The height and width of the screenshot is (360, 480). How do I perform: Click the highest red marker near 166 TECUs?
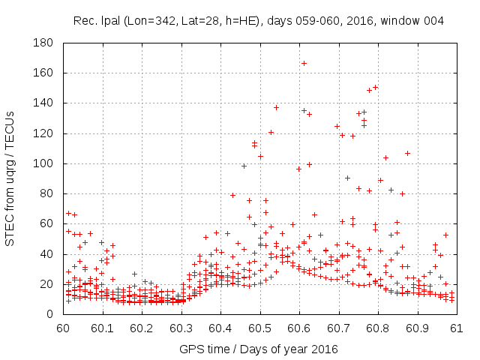pyautogui.click(x=304, y=63)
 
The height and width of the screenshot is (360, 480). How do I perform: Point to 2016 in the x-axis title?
pyautogui.click(x=325, y=349)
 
